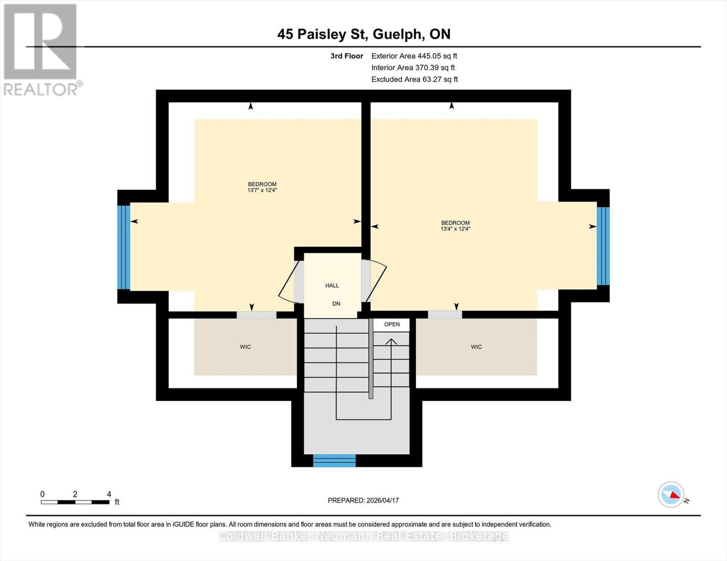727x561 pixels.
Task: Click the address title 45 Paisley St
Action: click(364, 34)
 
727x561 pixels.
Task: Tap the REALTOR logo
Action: click(41, 49)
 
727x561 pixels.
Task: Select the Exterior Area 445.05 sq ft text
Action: click(414, 56)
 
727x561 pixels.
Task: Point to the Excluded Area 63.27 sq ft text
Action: click(414, 79)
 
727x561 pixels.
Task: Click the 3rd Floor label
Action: click(346, 56)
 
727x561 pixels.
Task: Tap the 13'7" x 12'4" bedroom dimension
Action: click(262, 190)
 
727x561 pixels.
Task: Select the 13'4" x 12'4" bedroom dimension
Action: click(455, 229)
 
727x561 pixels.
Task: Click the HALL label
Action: click(332, 285)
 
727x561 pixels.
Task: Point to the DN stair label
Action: click(336, 303)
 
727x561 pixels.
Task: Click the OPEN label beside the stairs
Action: click(392, 324)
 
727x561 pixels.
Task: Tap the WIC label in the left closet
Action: click(245, 347)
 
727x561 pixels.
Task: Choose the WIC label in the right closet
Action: click(476, 347)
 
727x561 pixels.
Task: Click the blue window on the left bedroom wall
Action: click(124, 247)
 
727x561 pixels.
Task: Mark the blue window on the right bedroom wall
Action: click(603, 246)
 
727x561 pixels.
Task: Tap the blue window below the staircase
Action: click(334, 460)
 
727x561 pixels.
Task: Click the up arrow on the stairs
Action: click(391, 342)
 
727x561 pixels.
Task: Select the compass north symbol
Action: click(671, 495)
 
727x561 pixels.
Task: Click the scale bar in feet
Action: click(75, 502)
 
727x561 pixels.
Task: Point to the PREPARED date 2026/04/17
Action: click(363, 500)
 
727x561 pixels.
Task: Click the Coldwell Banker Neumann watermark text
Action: click(363, 536)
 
